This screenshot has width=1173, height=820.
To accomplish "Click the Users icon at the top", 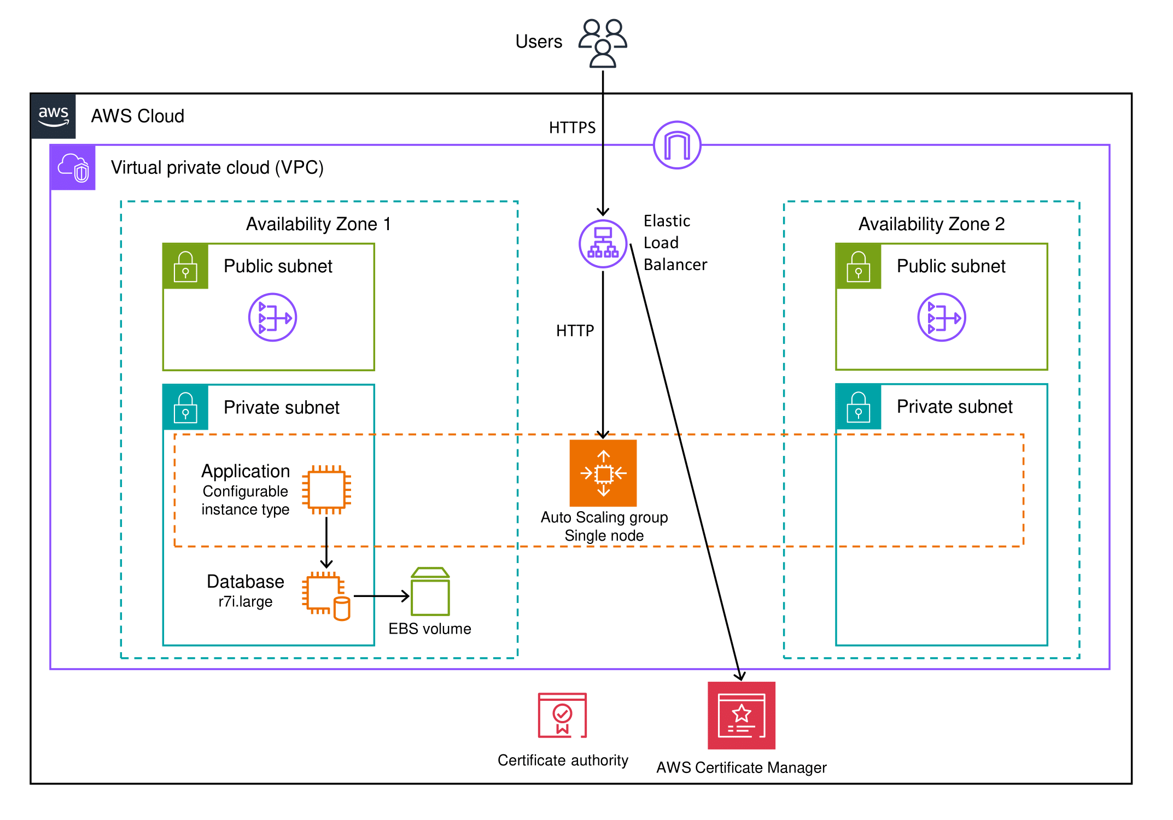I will pyautogui.click(x=603, y=43).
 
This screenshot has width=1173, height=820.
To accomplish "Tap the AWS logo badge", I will pyautogui.click(x=54, y=116).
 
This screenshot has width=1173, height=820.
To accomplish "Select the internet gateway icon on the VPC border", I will pyautogui.click(x=677, y=145).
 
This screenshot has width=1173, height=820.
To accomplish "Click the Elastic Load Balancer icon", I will pyautogui.click(x=603, y=244).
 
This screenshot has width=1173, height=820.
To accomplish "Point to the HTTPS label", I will pyautogui.click(x=572, y=128).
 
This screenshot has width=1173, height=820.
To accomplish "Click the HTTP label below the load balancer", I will pyautogui.click(x=575, y=331).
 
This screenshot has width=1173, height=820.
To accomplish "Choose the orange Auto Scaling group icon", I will pyautogui.click(x=603, y=473).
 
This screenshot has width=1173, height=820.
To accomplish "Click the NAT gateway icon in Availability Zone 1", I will pyautogui.click(x=272, y=318).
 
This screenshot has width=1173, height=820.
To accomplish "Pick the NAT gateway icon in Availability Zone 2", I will pyautogui.click(x=941, y=318).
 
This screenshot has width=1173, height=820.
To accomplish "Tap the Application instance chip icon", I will pyautogui.click(x=326, y=490).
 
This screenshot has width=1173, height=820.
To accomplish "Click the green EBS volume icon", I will pyautogui.click(x=430, y=592).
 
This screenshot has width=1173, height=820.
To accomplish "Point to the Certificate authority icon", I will pyautogui.click(x=562, y=716).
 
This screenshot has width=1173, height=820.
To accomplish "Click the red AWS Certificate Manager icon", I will pyautogui.click(x=742, y=716).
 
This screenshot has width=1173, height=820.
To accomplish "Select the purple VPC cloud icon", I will pyautogui.click(x=73, y=168).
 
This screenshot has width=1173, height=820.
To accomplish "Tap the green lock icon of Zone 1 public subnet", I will pyautogui.click(x=185, y=266).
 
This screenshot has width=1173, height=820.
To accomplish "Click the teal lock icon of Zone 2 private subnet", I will pyautogui.click(x=859, y=407).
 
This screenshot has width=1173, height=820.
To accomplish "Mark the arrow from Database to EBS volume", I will pyautogui.click(x=381, y=596).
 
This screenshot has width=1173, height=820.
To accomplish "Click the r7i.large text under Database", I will pyautogui.click(x=245, y=602).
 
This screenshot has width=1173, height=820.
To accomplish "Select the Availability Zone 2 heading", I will pyautogui.click(x=931, y=224).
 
